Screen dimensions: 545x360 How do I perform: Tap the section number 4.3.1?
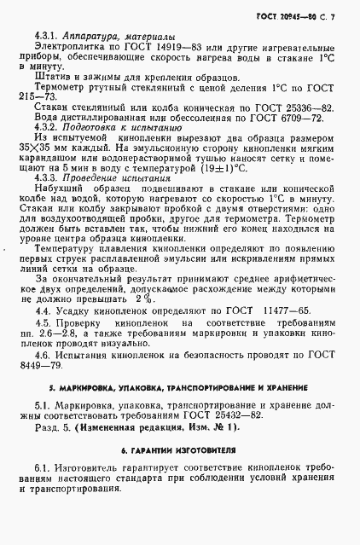pyautogui.click(x=46, y=38)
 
